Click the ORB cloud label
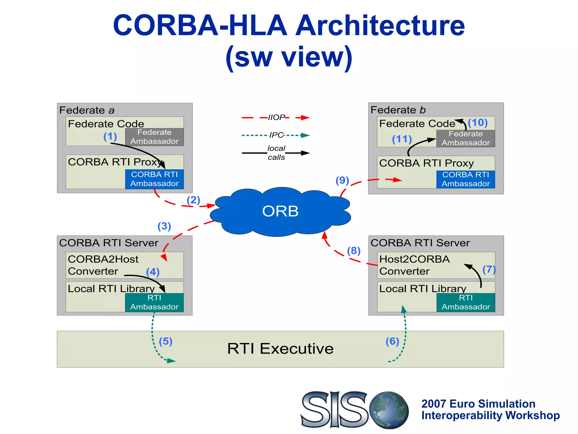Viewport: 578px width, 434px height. [x=280, y=211]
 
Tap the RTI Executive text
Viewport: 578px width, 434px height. [x=280, y=348]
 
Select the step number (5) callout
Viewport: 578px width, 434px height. [x=166, y=341]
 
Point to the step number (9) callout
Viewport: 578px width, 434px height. [x=342, y=180]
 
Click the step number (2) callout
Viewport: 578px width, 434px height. [x=193, y=200]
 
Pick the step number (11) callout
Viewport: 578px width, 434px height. [x=402, y=139]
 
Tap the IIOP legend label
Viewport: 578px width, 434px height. [x=276, y=117]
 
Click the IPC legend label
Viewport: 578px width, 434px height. [x=276, y=135]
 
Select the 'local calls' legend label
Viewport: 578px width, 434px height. [x=276, y=153]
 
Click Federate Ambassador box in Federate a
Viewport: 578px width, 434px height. [x=154, y=137]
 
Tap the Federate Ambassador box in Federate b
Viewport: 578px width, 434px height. [x=466, y=138]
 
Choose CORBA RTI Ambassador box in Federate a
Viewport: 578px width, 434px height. [x=154, y=179]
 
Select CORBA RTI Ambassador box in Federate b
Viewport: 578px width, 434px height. [x=466, y=179]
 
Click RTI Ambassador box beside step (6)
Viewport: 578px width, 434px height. [x=466, y=302]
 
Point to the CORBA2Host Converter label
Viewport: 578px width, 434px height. [x=103, y=265]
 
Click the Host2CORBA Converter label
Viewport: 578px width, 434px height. [x=414, y=265]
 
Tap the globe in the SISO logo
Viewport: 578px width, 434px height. [x=389, y=410]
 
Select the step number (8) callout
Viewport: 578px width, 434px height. [x=354, y=251]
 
